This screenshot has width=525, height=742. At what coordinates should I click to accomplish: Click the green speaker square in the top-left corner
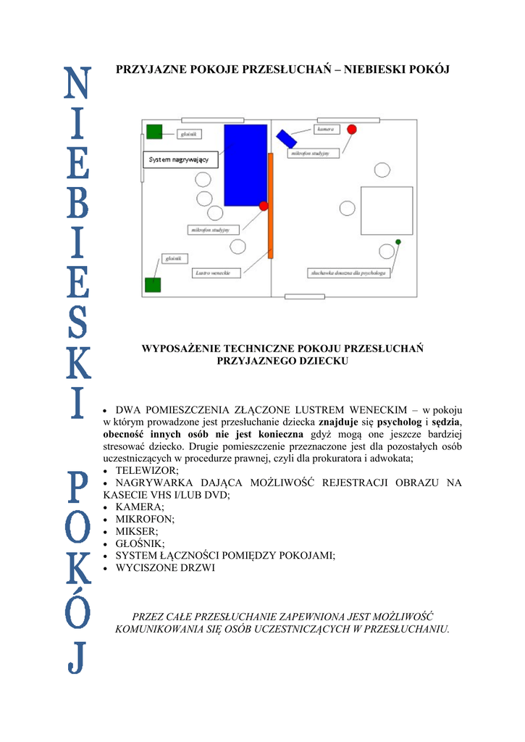(x=154, y=131)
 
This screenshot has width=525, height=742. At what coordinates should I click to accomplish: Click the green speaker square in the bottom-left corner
(x=152, y=284)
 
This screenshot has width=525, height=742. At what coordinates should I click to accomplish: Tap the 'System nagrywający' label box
(x=178, y=159)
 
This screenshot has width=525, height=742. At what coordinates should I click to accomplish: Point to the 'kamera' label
(x=325, y=129)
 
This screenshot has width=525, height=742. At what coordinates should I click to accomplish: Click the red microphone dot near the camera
(x=352, y=129)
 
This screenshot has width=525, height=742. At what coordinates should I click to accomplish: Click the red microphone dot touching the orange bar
(x=264, y=207)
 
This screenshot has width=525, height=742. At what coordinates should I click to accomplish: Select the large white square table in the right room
(x=387, y=211)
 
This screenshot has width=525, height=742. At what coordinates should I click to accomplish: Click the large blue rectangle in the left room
(x=245, y=165)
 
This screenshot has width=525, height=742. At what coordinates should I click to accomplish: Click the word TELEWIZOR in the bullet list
(x=146, y=470)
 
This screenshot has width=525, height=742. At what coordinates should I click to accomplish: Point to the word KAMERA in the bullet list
(x=139, y=507)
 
